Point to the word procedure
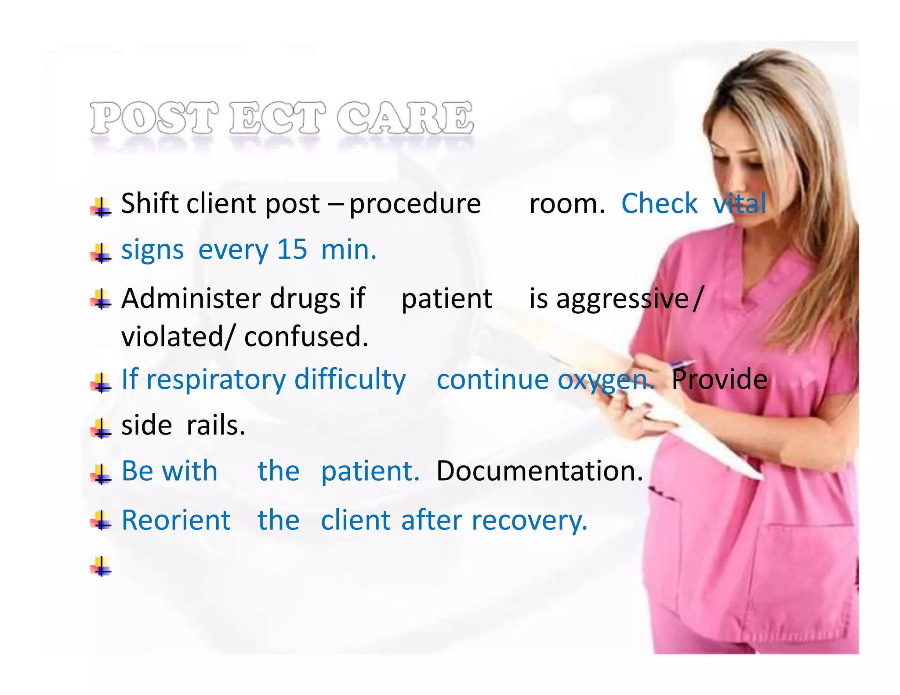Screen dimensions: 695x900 (415, 204)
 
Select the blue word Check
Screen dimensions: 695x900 (659, 203)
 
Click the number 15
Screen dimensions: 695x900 (292, 250)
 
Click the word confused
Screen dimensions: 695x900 (306, 337)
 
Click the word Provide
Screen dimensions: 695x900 (719, 379)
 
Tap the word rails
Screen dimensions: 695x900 (215, 425)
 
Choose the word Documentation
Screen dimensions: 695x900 (539, 471)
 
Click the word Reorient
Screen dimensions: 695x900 (176, 521)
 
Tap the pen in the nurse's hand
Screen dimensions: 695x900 (681, 363)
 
